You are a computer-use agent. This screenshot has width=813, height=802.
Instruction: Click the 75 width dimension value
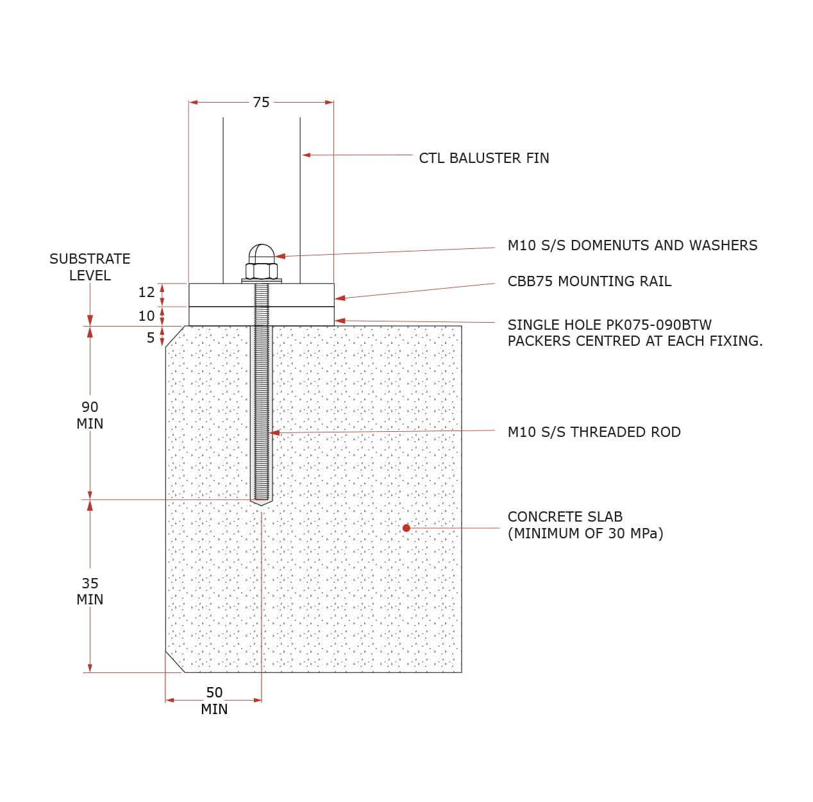(261, 103)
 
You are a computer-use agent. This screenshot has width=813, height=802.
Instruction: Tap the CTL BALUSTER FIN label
(483, 158)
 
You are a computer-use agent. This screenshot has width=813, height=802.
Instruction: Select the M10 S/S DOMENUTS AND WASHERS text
(632, 245)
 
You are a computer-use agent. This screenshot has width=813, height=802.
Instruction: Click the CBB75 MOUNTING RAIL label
(589, 281)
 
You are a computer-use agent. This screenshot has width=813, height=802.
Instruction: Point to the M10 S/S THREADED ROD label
(594, 432)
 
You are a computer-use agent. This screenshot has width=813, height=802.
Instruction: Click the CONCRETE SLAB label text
(565, 516)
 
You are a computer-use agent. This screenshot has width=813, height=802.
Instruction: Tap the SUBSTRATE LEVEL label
(90, 267)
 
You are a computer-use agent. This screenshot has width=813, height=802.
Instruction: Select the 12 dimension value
(146, 293)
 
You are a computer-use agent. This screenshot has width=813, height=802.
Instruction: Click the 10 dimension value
(146, 316)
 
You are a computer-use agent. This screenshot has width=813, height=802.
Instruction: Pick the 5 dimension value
(151, 337)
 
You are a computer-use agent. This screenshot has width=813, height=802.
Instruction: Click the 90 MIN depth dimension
(90, 415)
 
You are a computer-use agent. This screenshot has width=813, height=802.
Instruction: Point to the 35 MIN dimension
(90, 591)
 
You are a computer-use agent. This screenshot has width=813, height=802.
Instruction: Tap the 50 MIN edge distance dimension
(214, 701)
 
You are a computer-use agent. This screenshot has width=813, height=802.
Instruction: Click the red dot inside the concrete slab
(406, 528)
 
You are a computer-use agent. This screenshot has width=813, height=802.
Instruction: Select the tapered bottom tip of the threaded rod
(261, 502)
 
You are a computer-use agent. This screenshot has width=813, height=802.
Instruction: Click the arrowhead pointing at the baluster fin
(306, 155)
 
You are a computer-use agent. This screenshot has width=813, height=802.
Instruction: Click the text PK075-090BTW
(658, 325)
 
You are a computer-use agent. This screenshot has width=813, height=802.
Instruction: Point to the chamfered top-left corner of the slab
(175, 336)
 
